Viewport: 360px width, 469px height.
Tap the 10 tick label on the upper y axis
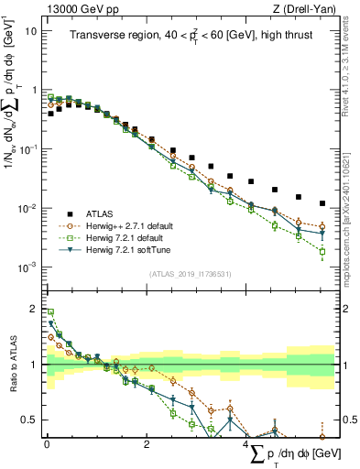click(x=31, y=30)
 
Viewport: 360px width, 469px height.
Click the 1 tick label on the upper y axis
click(x=34, y=90)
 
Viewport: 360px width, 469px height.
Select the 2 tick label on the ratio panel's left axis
click(x=34, y=308)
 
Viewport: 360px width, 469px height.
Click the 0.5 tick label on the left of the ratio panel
click(x=29, y=420)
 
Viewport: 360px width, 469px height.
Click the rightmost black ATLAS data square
click(x=322, y=203)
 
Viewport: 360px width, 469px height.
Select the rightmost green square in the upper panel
click(x=322, y=251)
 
